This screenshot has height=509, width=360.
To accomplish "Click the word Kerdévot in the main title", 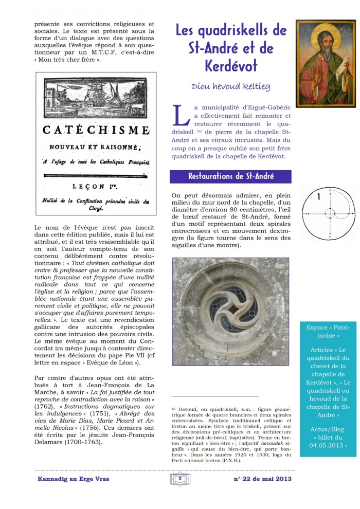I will (230, 67).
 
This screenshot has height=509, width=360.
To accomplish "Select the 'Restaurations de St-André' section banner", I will (230, 176).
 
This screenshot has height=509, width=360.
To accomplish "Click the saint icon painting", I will (326, 63).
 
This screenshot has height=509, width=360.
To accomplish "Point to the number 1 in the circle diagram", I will (319, 197).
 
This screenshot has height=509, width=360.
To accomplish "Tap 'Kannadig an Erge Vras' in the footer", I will (73, 479).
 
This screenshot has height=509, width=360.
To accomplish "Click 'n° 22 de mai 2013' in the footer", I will (262, 479).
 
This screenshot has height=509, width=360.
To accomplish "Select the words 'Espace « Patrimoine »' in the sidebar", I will (327, 331).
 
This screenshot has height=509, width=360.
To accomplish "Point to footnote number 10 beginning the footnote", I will (173, 409).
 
